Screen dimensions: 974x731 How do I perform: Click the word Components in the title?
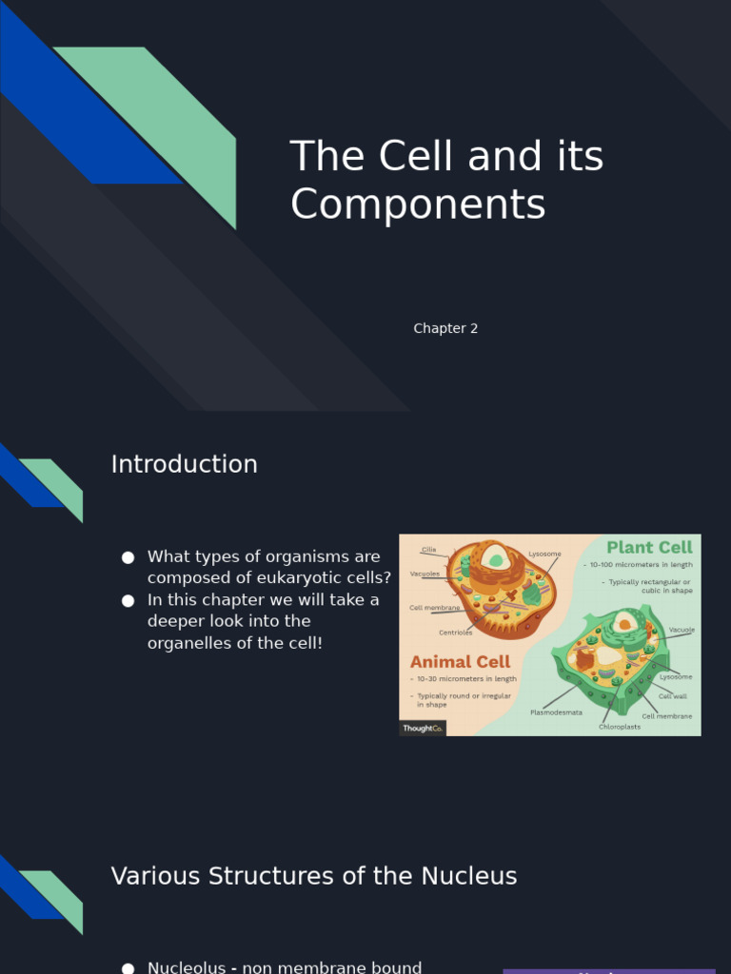(x=418, y=205)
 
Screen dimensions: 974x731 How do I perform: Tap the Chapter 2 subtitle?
(x=445, y=328)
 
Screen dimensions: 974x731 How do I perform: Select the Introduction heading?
(x=184, y=464)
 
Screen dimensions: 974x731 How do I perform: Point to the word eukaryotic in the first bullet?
(x=304, y=577)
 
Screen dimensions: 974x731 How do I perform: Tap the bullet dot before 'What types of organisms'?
(x=128, y=557)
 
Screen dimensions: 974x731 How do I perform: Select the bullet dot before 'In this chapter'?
(x=128, y=600)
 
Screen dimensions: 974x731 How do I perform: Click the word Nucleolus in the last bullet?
(x=187, y=967)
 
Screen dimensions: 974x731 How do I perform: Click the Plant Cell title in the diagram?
(x=650, y=547)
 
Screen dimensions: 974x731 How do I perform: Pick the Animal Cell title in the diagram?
(x=460, y=661)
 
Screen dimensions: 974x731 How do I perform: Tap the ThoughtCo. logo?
(x=422, y=728)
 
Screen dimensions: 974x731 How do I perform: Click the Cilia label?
(x=429, y=550)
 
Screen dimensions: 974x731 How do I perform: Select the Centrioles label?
(x=455, y=633)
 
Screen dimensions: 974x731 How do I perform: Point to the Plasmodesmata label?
(x=556, y=711)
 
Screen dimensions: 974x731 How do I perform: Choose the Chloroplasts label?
(x=619, y=727)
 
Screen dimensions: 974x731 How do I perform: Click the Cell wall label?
(x=672, y=696)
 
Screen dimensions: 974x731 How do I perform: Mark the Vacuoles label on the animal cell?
(x=425, y=574)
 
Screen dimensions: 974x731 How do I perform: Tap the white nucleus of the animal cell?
(x=492, y=556)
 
